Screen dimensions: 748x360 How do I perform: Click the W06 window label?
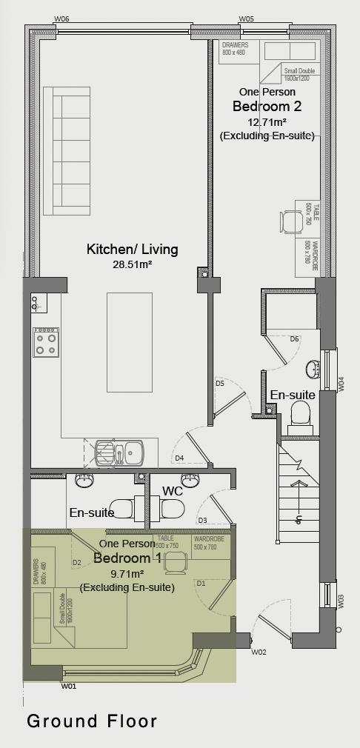[x=62, y=19]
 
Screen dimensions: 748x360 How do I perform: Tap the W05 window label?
[x=247, y=19]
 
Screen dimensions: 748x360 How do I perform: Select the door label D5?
[x=220, y=383]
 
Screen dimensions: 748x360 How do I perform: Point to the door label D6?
[x=294, y=338]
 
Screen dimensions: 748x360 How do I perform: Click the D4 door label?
[x=179, y=458]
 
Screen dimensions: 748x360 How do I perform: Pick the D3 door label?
[x=202, y=521]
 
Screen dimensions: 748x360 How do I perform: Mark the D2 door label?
[x=76, y=562]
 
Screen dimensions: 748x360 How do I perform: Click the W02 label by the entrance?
[x=259, y=652]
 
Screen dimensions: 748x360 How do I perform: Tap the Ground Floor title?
[x=92, y=721]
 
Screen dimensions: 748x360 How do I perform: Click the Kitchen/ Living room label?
[x=133, y=249]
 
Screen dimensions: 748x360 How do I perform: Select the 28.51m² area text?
[x=133, y=264]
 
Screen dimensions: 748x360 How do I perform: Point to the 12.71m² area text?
[x=267, y=121]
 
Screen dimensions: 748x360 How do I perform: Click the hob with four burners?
[x=46, y=343]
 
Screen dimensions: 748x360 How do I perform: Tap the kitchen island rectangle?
[x=130, y=342]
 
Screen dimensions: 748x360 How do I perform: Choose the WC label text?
[x=173, y=490]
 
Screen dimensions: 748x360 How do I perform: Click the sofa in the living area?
[x=67, y=151]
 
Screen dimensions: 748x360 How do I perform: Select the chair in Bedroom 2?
[x=291, y=221]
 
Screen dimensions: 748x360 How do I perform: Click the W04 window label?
[x=341, y=384]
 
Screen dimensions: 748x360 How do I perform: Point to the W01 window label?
[x=68, y=687]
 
